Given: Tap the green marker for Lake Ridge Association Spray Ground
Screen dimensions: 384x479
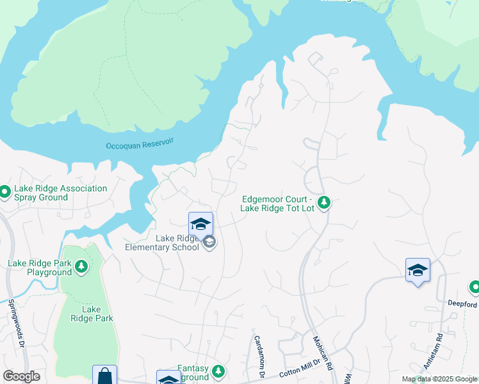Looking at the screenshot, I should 4,191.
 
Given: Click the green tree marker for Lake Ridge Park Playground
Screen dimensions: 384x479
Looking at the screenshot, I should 81,266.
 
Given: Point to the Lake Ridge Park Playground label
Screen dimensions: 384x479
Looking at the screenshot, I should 40,268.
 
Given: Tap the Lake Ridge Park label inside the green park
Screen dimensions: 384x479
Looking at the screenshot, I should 91,314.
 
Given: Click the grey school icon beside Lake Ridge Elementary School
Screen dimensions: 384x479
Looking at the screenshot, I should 209,242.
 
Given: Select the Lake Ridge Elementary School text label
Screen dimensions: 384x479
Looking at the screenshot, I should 162,243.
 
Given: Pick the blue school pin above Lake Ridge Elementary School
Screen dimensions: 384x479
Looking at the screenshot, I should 200,224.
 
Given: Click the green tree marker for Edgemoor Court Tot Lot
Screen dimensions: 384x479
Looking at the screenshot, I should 325,203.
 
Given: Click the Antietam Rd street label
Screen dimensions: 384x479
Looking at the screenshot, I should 439,346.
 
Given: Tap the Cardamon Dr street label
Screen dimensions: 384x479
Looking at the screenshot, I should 259,355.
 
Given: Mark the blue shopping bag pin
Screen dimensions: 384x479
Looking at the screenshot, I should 104,376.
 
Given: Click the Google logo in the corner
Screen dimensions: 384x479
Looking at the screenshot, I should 21,376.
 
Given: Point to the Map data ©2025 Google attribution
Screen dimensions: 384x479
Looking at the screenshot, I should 439,379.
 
